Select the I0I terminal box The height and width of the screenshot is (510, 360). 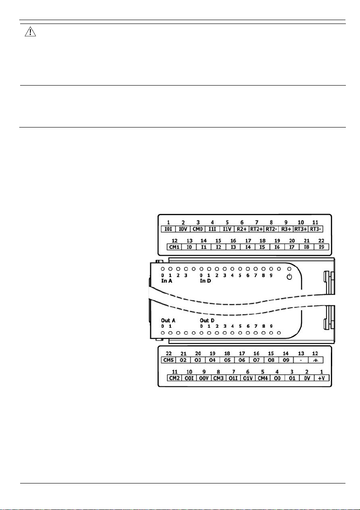[x=169, y=229]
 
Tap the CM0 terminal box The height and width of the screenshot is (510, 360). [x=198, y=229]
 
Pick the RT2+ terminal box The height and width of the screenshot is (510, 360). [x=257, y=229]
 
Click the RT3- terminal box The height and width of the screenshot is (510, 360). [x=315, y=229]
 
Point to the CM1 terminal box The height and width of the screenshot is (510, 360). [x=174, y=247]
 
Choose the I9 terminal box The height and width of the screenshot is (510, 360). [x=321, y=247]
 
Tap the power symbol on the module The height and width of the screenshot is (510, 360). [x=289, y=277]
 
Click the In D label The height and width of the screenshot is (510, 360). [x=206, y=281]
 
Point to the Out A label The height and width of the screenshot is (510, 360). [x=168, y=320]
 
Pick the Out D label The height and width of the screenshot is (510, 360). [x=207, y=320]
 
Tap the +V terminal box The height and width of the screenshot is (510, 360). [x=321, y=379]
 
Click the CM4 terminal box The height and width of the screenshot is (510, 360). [x=262, y=379]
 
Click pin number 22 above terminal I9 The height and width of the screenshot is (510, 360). [x=321, y=241]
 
